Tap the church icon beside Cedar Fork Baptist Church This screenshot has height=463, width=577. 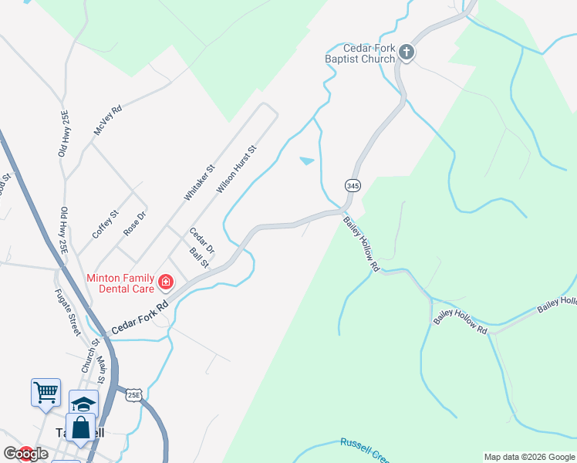point(407,52)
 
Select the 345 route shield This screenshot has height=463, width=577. point(353,186)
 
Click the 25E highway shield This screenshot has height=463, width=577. point(133,394)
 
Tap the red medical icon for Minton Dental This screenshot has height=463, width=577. point(165,283)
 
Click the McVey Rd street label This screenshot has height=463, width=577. point(107,121)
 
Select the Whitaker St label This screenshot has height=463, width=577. point(198,183)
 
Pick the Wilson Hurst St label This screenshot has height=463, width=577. point(236,168)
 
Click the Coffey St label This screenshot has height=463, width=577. point(105,224)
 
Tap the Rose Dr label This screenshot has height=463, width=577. point(134,223)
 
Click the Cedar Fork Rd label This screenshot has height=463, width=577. point(140,317)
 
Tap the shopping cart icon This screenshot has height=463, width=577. point(46,392)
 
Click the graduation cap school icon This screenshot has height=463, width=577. point(84,404)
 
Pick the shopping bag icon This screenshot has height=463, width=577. point(80,428)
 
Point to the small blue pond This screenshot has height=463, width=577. point(307,161)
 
